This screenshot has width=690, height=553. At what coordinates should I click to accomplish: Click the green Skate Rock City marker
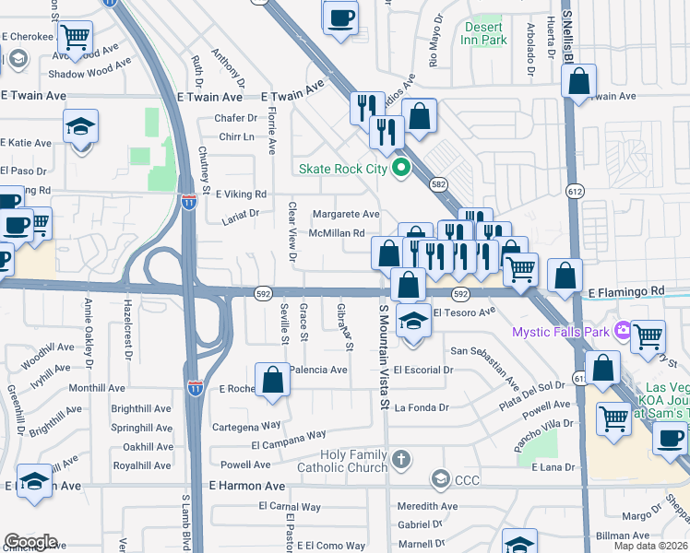tap(400, 168)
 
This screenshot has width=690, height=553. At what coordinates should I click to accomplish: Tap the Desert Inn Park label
tap(483, 34)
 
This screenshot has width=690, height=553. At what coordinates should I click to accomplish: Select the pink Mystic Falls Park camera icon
tap(623, 329)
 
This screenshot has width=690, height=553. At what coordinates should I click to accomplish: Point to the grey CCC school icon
tap(441, 479)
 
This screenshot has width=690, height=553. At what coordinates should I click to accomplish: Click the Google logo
tap(30, 542)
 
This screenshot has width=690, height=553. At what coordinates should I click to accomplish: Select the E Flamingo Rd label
tap(625, 291)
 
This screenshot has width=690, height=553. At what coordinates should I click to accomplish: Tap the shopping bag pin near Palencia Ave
tap(273, 380)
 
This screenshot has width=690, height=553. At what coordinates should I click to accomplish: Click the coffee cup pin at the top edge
tap(340, 17)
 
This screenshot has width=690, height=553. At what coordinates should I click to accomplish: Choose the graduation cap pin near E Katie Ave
tap(80, 127)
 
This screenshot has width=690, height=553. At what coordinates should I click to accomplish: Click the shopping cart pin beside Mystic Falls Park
tap(648, 336)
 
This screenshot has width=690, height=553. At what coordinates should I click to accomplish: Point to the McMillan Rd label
tap(338, 234)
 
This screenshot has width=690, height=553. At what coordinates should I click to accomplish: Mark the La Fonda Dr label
tap(422, 407)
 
